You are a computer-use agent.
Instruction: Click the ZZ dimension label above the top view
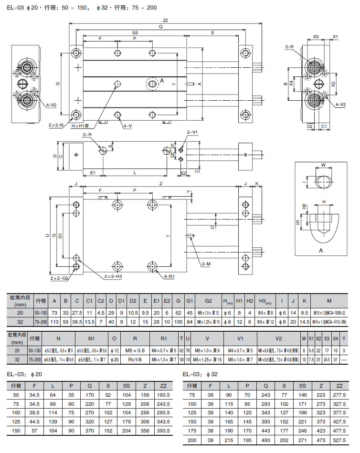coord(165,21)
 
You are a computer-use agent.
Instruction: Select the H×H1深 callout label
coord(83,126)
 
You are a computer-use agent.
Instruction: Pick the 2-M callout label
coord(206,263)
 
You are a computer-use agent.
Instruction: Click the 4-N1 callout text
coord(169,276)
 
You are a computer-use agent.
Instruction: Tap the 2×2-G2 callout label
coord(60,277)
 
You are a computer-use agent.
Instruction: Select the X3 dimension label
coord(316,36)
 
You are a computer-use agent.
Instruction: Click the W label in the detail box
coord(323,166)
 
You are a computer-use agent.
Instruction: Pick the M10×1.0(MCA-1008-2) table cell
coord(330,313)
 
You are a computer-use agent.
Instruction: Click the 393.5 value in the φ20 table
coord(164,431)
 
